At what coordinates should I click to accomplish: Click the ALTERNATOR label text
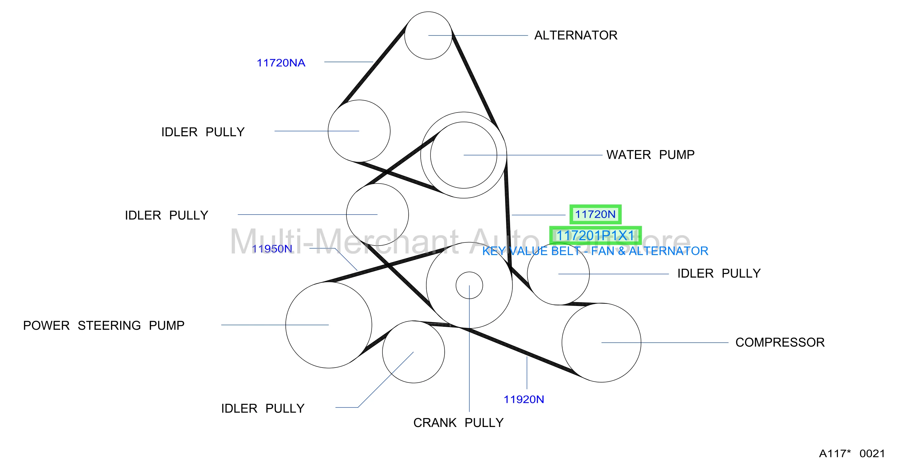(x=576, y=35)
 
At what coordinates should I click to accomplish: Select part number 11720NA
(x=281, y=63)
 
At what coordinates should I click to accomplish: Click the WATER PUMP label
(x=650, y=155)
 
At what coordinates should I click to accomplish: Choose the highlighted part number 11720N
(x=595, y=215)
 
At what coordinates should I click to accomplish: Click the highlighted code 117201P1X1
(x=595, y=235)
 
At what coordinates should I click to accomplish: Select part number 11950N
(x=272, y=249)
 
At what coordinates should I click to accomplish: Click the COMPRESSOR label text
(x=780, y=343)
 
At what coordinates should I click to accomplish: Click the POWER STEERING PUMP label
(x=104, y=326)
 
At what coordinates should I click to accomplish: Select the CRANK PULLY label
(x=458, y=423)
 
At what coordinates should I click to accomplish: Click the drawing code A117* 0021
(x=852, y=454)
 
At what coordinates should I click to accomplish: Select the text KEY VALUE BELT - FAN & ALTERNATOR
(x=595, y=251)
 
